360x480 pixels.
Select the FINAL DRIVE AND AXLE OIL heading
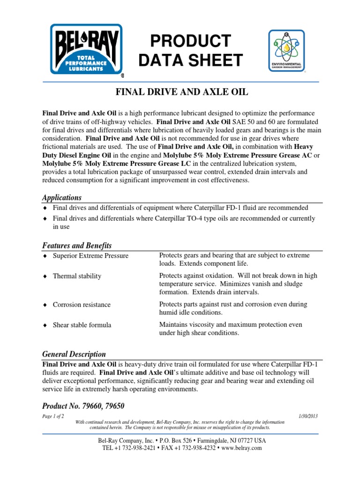[x=181, y=93]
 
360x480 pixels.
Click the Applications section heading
[x=62, y=197]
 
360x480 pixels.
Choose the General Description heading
[x=74, y=354]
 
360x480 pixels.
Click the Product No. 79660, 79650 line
[x=83, y=405]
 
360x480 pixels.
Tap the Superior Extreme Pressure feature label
[x=90, y=256]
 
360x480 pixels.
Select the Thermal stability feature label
[x=77, y=276]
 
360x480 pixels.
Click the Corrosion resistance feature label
[x=82, y=305]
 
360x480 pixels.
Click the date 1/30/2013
[x=308, y=416]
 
